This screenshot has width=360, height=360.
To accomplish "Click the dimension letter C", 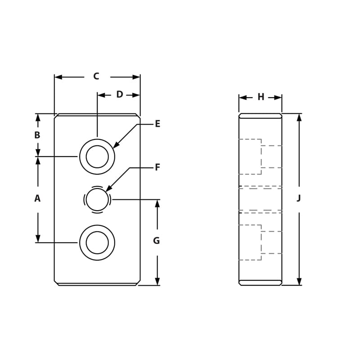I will pos(96,76).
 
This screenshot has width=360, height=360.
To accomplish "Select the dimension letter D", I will pos(119,94).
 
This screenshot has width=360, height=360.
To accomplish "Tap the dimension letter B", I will pos(37,135).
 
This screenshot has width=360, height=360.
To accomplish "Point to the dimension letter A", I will pos(37,198).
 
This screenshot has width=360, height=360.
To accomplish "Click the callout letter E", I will pos(157,124).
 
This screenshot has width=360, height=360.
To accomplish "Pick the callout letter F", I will pos(157,167).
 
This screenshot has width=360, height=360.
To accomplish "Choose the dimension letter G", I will pos(156,241).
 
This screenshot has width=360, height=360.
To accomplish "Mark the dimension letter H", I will pos(261,97).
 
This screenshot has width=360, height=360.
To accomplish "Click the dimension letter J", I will pos(299,198).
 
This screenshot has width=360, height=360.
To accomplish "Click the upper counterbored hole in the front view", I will pos(97,157).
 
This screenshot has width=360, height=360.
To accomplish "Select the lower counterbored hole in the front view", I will pos(97,243).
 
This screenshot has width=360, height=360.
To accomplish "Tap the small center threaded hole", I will pos(97,199).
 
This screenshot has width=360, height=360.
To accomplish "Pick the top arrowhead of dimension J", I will pos(299,117).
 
